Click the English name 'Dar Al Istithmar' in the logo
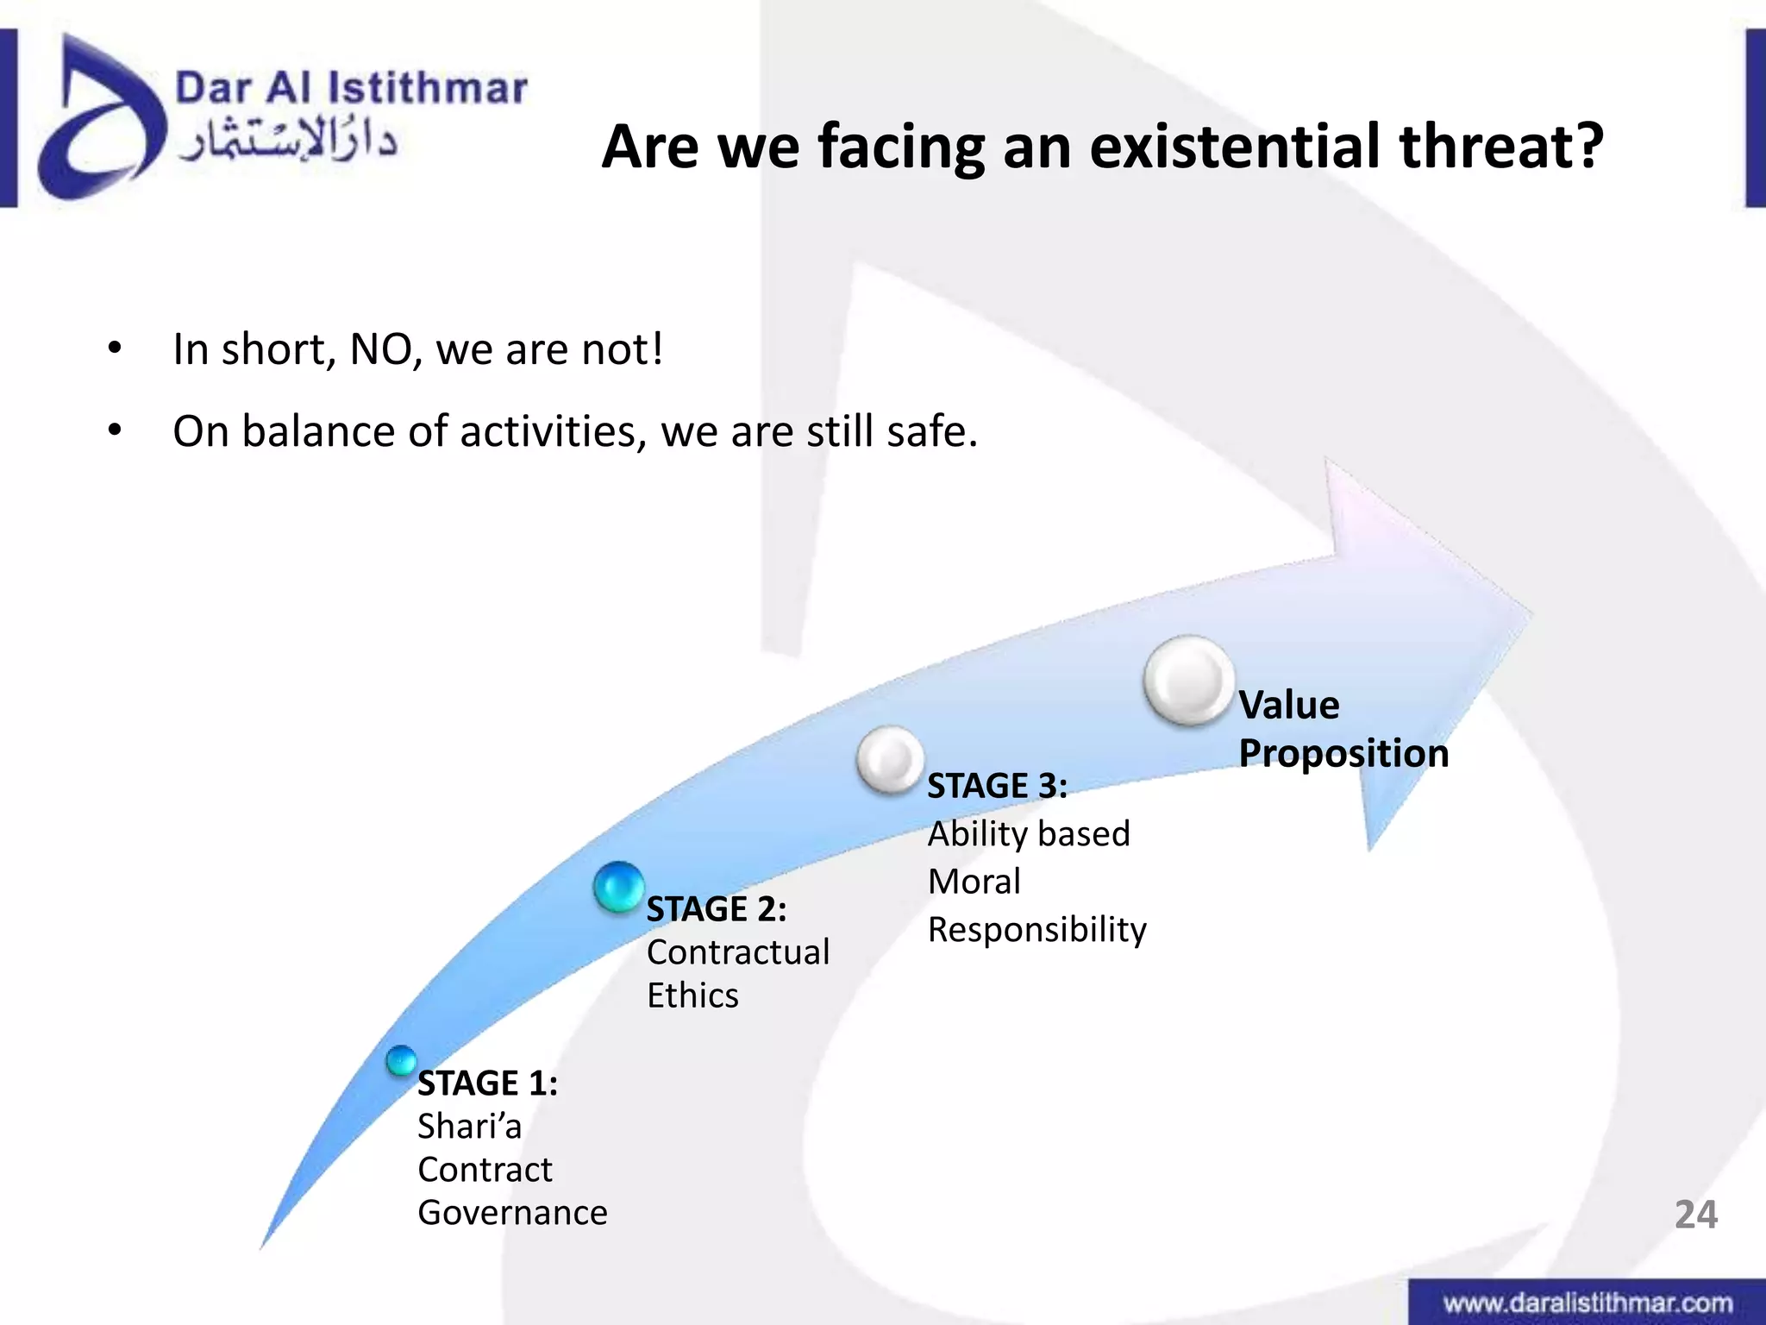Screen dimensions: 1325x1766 coord(351,89)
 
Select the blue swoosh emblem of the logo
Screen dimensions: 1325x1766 coord(99,121)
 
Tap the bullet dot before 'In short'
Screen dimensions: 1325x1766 coord(115,349)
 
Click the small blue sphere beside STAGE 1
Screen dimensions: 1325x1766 coord(401,1061)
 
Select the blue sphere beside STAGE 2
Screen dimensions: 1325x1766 coord(619,887)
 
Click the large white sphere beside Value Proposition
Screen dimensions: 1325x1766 coord(1189,681)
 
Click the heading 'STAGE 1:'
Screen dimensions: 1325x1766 coord(487,1083)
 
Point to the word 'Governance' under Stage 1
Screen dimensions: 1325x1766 coord(512,1213)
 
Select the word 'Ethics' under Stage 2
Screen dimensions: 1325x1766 coord(692,995)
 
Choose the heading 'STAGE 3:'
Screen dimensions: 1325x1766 coord(997,786)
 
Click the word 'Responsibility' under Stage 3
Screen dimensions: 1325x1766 coord(1036,930)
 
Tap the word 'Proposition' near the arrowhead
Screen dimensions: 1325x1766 coord(1343,753)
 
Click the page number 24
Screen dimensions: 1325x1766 coord(1695,1215)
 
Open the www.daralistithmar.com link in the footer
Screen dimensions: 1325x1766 coord(1588,1303)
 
